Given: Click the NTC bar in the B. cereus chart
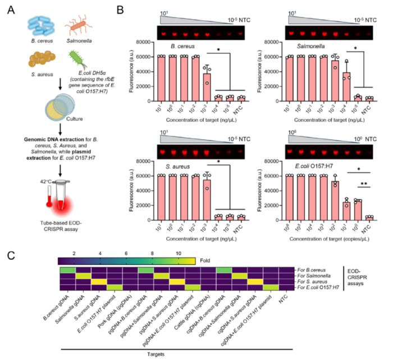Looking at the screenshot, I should click(241, 98).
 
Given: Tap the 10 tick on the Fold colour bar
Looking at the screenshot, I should click(178, 254).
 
